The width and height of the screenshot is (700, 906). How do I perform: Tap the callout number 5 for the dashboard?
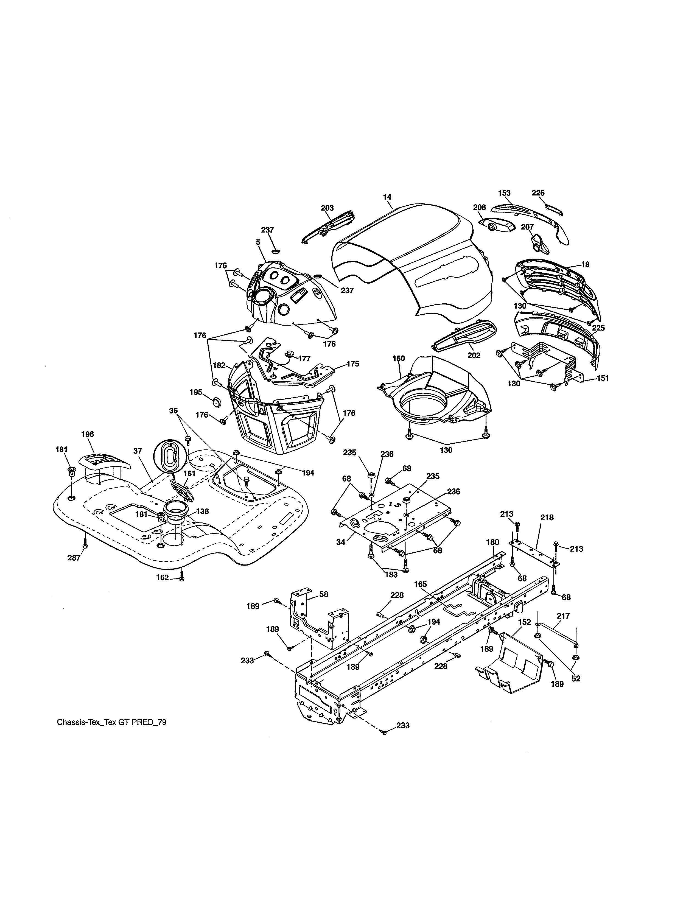[x=258, y=241]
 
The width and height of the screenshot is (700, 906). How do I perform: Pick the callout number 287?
[x=74, y=558]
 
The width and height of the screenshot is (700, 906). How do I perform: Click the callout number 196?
[x=88, y=434]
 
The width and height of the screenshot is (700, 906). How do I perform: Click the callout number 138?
[x=202, y=511]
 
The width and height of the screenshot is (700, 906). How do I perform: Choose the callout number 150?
[x=399, y=358]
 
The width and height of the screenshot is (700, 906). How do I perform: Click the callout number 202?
[x=474, y=356]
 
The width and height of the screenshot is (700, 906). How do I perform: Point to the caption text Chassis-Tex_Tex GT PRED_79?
[x=111, y=722]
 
